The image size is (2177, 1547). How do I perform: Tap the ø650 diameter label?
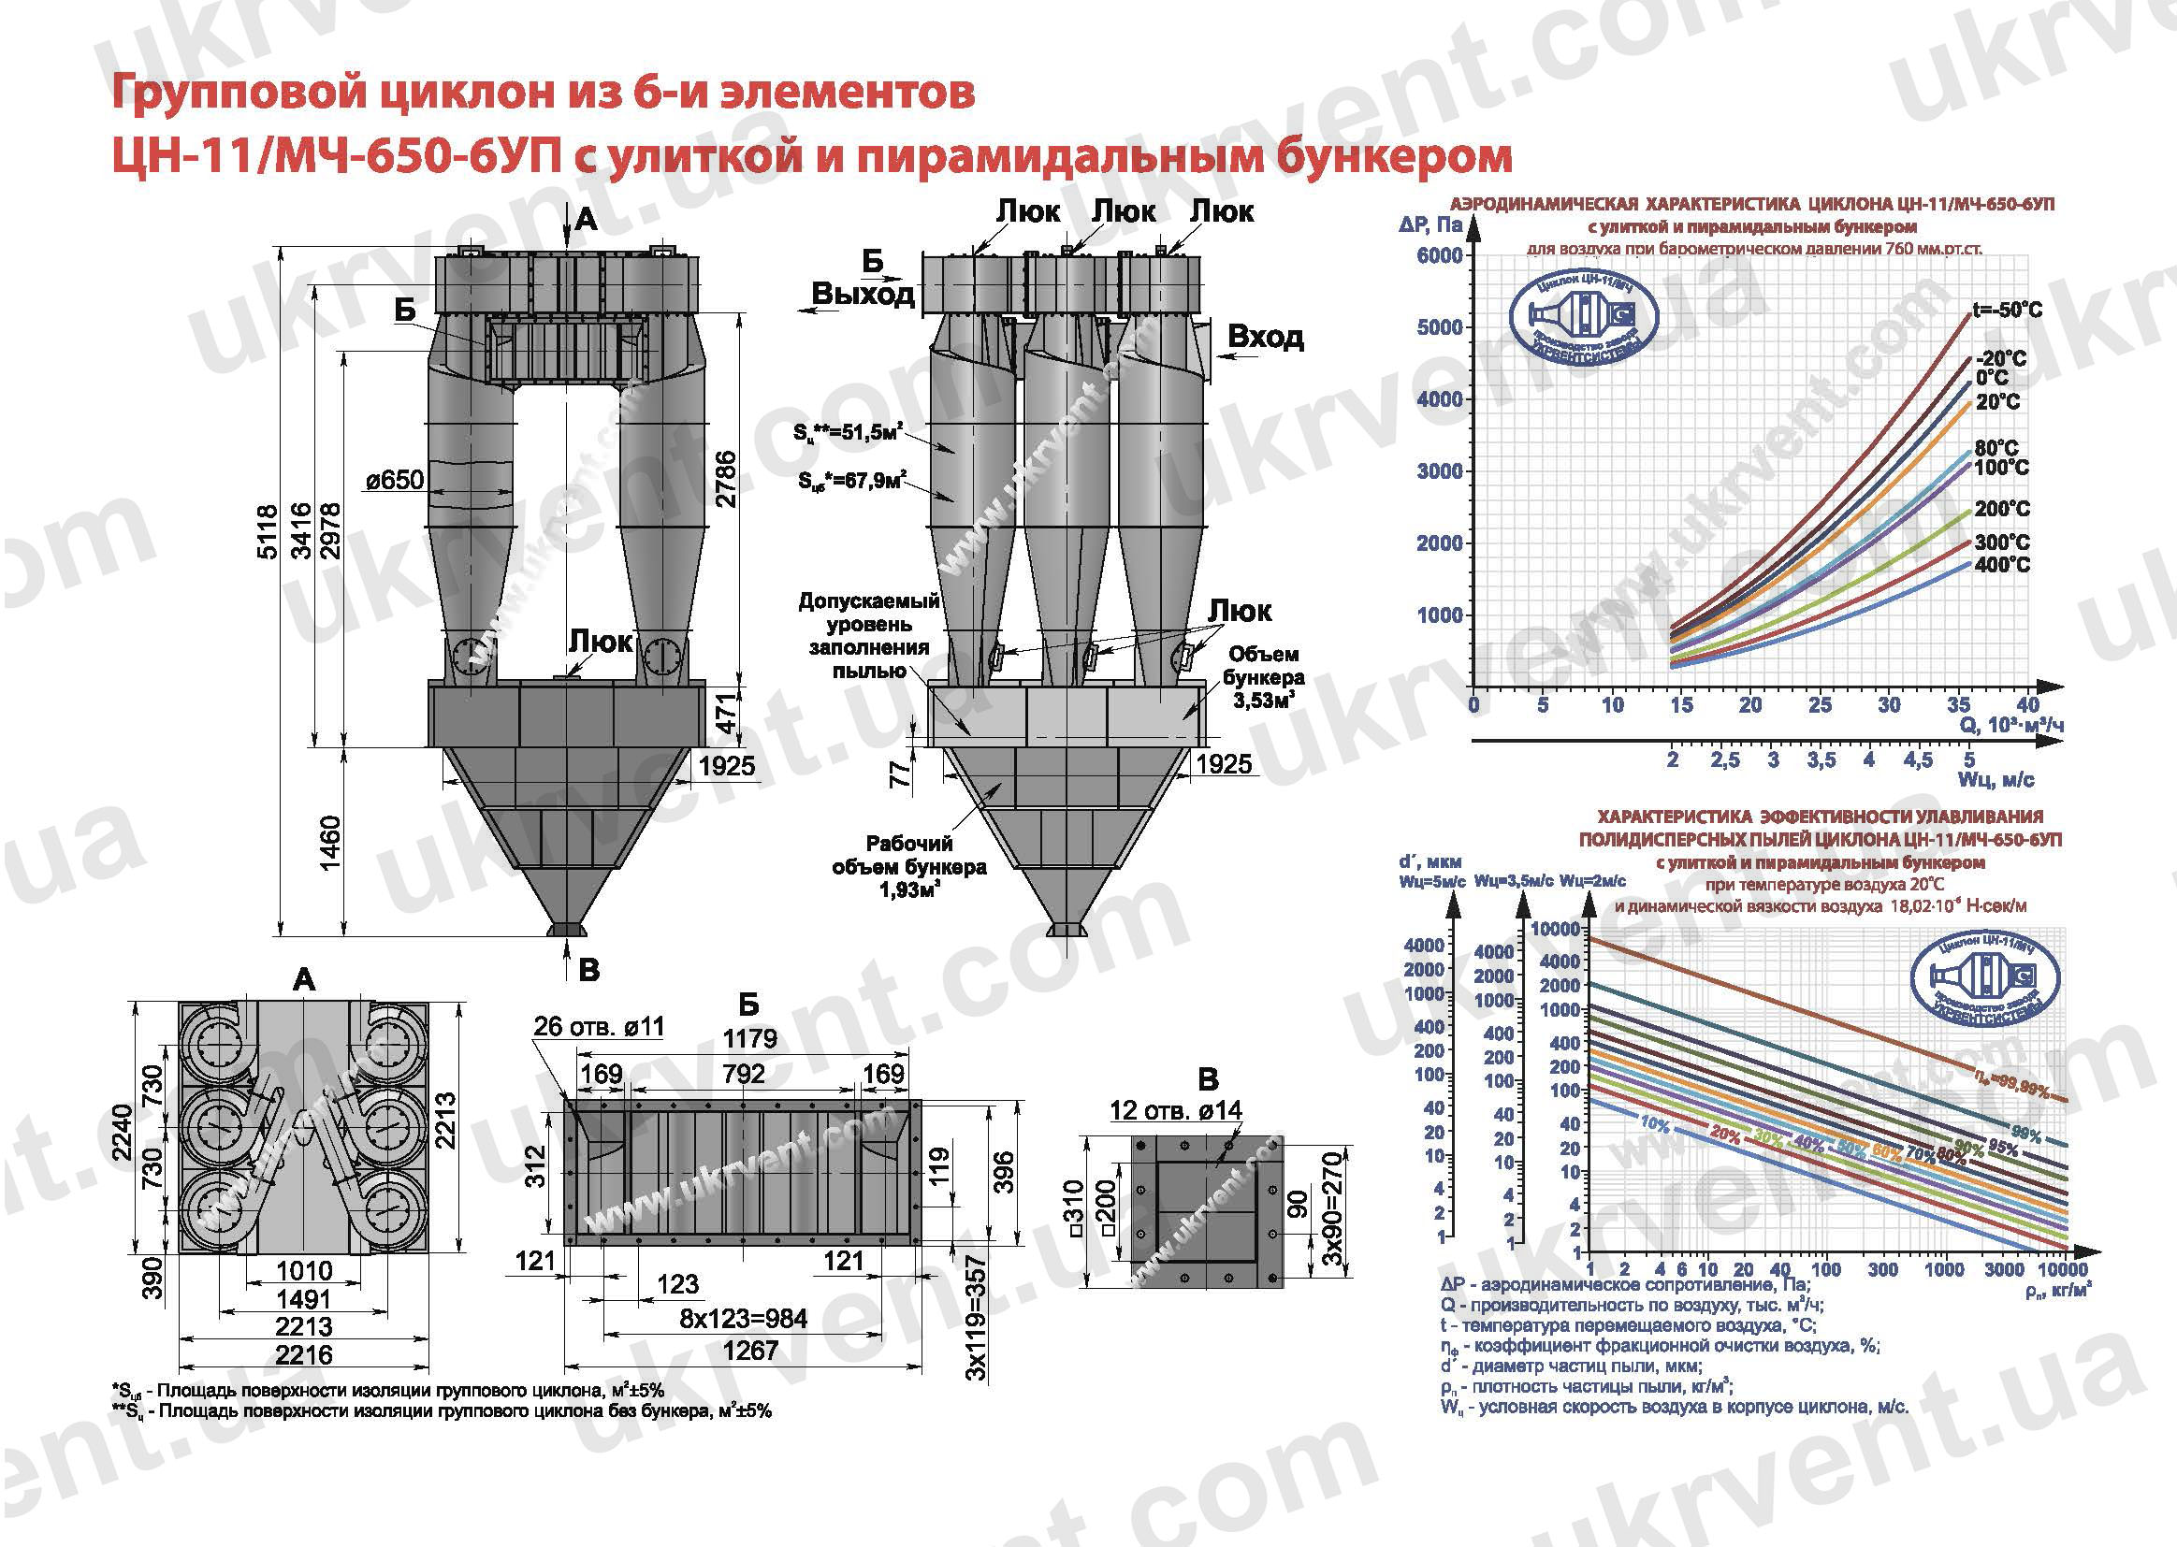[x=395, y=479]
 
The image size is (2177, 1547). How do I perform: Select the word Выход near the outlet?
[x=863, y=295]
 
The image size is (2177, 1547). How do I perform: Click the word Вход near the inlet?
[x=1264, y=337]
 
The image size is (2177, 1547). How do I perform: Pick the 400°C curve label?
[x=2002, y=565]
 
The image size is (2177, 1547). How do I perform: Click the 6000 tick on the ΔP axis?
[x=1439, y=255]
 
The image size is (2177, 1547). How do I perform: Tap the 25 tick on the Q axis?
[x=1820, y=705]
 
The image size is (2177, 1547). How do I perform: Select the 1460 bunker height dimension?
[x=329, y=842]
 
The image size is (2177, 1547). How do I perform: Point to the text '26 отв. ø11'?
[x=598, y=1026]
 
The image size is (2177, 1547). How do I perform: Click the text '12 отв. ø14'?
[x=1175, y=1111]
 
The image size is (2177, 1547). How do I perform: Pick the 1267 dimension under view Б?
[x=749, y=1351]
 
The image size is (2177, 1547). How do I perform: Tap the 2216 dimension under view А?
[x=304, y=1353]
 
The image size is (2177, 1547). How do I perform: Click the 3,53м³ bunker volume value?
[x=1263, y=702]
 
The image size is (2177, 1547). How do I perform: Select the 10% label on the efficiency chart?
[x=1654, y=1125]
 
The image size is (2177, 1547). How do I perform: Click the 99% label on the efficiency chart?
[x=2026, y=1135]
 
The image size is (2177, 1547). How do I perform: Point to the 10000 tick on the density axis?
[x=2063, y=1269]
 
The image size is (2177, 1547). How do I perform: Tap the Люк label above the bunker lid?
[x=601, y=641]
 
